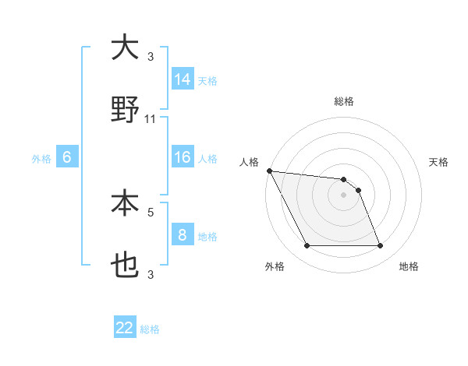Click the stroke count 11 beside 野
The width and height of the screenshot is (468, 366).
pos(151,119)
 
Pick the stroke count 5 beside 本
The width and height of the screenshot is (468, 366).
pos(151,211)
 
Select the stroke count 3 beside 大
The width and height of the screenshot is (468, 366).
pos(151,57)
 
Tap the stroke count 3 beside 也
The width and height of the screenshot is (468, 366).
pos(151,274)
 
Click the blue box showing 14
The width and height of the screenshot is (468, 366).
pos(183,79)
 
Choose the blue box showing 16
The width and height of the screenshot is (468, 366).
pos(183,157)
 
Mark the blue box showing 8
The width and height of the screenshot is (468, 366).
pos(183,235)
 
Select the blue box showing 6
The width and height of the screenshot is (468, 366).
pos(67,157)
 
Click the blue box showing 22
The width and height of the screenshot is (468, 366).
pos(125,328)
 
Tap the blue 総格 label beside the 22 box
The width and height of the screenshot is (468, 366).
pos(150,329)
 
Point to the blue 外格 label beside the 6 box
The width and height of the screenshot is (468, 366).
pos(41,158)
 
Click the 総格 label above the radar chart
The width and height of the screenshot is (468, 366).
pos(344,101)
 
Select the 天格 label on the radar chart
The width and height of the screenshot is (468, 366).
pos(439,162)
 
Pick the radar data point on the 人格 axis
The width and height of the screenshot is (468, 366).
pos(269,171)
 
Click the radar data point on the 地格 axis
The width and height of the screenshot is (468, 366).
pos(381,246)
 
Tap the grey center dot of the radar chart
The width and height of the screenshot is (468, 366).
pos(344,195)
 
